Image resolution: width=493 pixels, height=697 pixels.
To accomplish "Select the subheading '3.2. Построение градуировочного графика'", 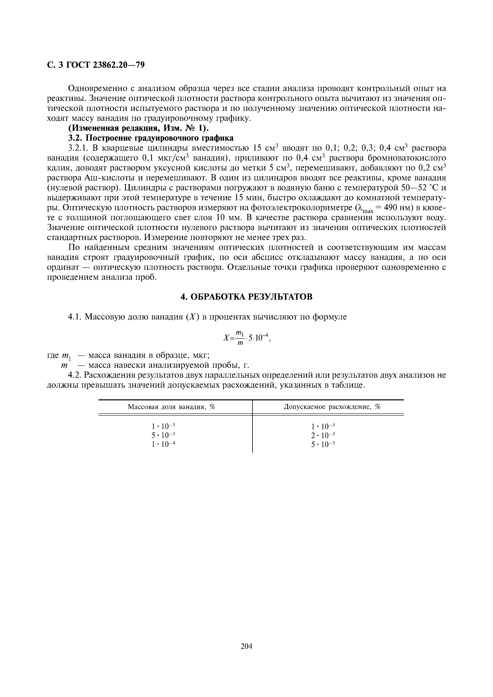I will click(151, 138).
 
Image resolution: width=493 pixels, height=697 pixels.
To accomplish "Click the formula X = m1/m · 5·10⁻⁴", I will click(246, 338).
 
